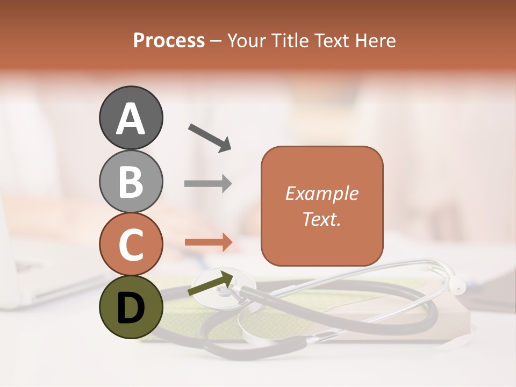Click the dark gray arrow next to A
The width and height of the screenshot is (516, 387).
(x=210, y=138)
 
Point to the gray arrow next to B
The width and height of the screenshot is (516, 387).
(x=208, y=184)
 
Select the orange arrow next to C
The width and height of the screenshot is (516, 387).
(x=209, y=242)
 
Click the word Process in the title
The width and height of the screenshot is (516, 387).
(x=169, y=40)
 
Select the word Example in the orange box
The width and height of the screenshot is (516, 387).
(x=322, y=193)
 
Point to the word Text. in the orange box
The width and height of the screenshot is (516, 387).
(x=322, y=219)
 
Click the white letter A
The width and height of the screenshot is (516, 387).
(x=131, y=118)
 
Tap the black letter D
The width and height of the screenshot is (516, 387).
(x=131, y=308)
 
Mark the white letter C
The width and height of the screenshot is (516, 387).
(x=131, y=245)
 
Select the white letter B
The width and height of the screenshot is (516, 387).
(x=131, y=181)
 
